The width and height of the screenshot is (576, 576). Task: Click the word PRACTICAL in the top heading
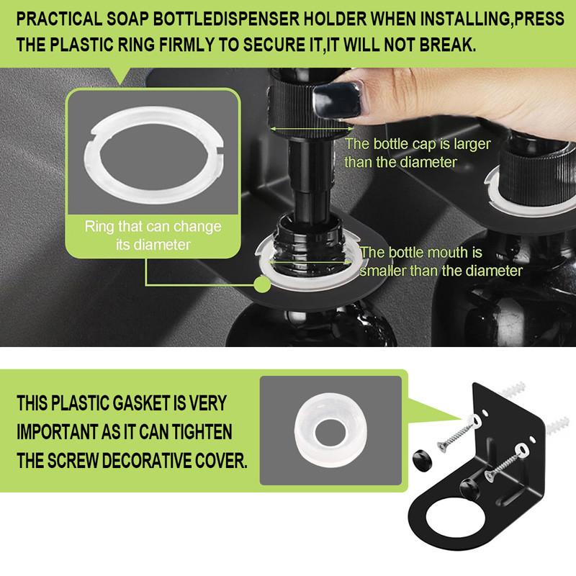59,19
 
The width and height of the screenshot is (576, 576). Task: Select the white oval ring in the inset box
153,154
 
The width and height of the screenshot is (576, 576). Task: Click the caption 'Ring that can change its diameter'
153,235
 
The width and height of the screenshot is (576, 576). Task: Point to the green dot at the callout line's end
262,284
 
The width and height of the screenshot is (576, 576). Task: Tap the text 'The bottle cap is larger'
418,144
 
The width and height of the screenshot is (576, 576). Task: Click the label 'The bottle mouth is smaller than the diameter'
441,261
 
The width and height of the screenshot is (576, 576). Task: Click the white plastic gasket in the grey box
330,431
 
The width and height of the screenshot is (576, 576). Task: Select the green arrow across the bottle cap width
311,129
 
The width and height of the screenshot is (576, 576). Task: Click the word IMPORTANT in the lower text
58,431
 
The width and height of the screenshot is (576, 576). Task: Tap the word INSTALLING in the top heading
465,19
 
